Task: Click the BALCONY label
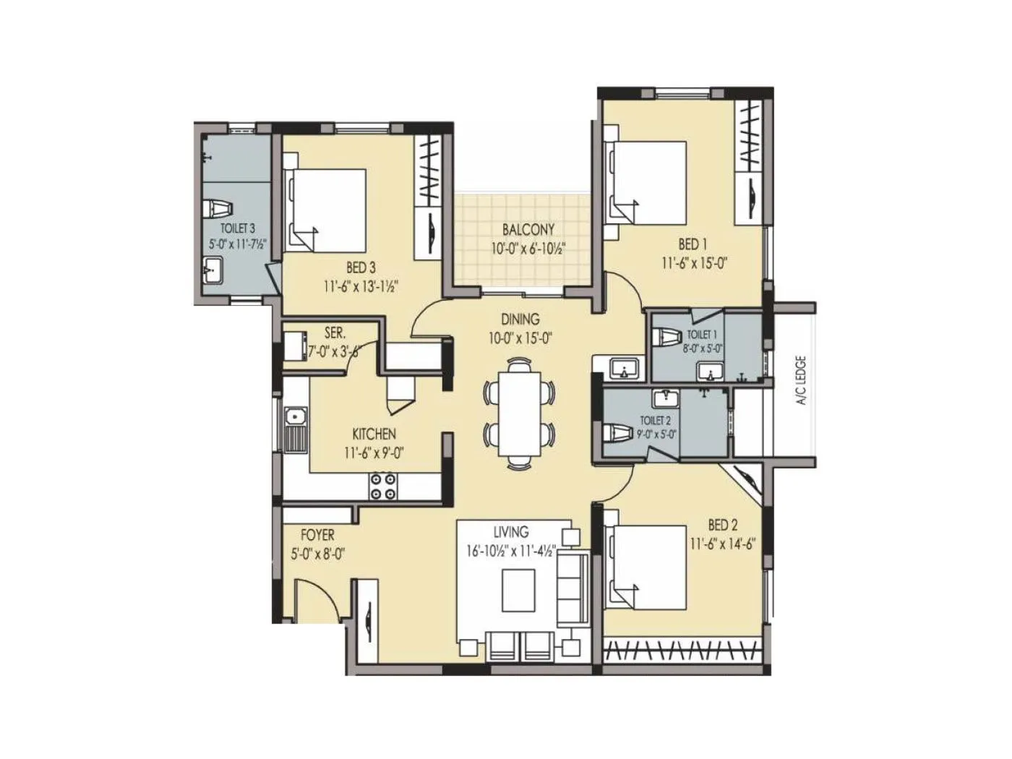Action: tap(528, 230)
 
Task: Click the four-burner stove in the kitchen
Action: tap(382, 486)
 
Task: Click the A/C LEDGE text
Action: tap(802, 379)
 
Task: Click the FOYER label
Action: tap(317, 535)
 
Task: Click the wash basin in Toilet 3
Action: tap(214, 273)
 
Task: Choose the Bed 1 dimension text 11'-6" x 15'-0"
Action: tap(693, 263)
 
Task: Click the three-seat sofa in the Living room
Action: tap(572, 587)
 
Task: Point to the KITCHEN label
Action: tap(374, 434)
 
